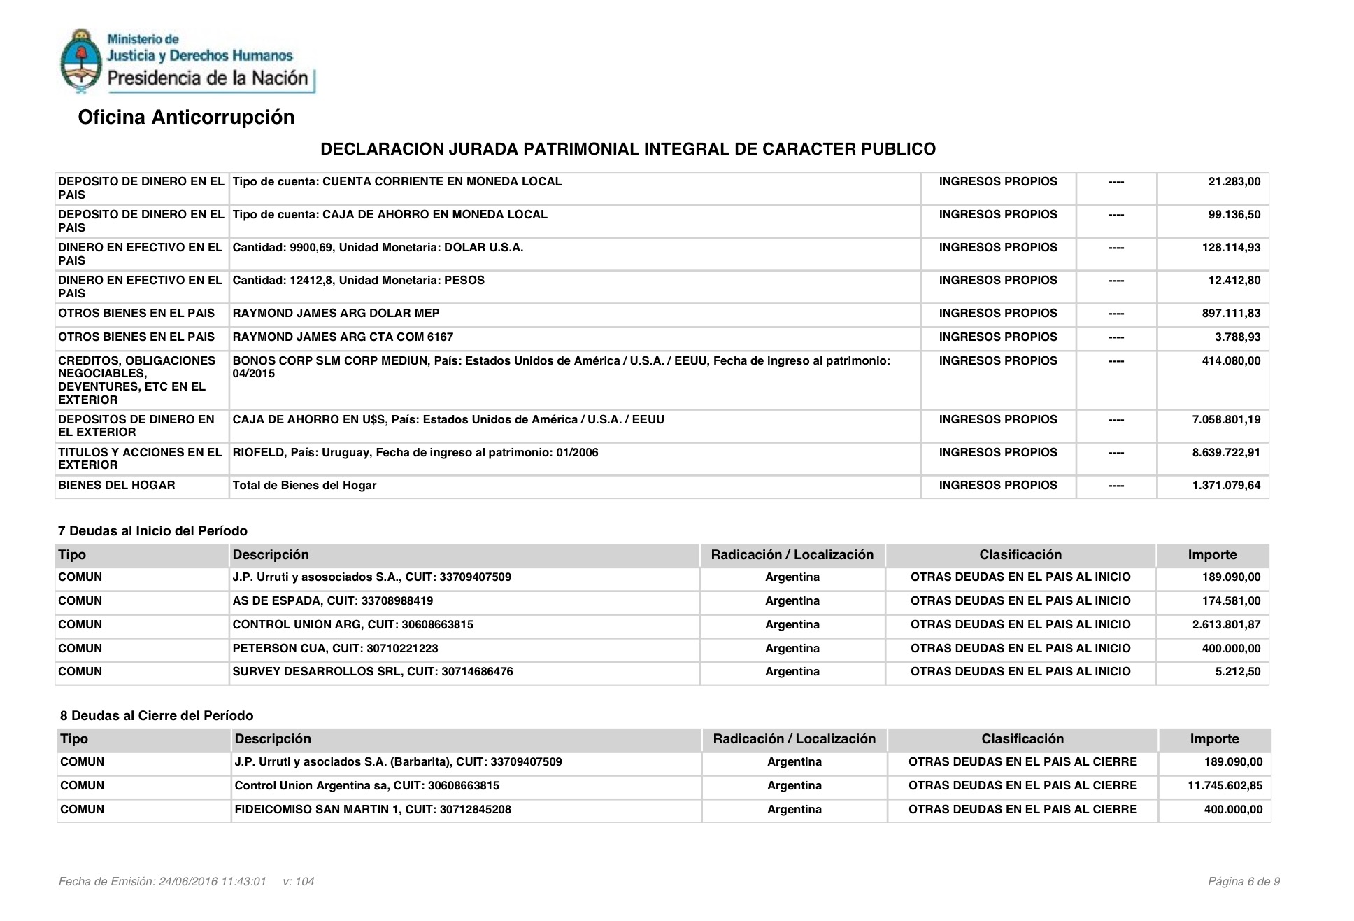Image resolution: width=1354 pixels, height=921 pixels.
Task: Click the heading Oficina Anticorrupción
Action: coord(186,117)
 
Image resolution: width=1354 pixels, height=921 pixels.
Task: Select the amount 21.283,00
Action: coord(1234,182)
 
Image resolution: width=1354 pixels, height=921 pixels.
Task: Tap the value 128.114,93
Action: coord(1231,248)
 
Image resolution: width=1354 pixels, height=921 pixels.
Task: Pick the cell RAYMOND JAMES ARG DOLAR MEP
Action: coord(336,314)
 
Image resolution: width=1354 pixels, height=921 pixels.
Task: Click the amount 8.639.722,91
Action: coord(1226,453)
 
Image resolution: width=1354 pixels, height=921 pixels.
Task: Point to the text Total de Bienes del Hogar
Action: coord(304,486)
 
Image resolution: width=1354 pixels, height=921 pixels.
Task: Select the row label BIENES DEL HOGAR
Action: coord(116,486)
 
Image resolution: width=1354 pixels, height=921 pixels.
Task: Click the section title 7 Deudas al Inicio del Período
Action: coord(152,531)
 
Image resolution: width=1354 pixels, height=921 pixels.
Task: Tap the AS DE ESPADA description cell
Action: coord(332,601)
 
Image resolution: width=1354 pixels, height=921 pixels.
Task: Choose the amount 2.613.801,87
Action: coord(1226,625)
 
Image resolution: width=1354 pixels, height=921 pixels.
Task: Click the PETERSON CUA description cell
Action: coord(335,649)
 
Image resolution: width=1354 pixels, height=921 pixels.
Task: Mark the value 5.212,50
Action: coord(1237,672)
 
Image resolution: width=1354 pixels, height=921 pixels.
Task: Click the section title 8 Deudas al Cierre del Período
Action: coord(157,716)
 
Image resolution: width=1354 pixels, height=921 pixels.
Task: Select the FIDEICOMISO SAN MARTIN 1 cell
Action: coord(373,810)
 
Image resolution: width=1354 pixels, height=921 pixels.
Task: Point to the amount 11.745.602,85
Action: coord(1225,786)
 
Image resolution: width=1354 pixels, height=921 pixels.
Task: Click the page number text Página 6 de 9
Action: coord(1243,882)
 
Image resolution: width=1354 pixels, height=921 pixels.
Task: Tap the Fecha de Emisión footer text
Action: coord(162,882)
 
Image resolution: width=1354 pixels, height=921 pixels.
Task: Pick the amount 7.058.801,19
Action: coord(1226,420)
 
